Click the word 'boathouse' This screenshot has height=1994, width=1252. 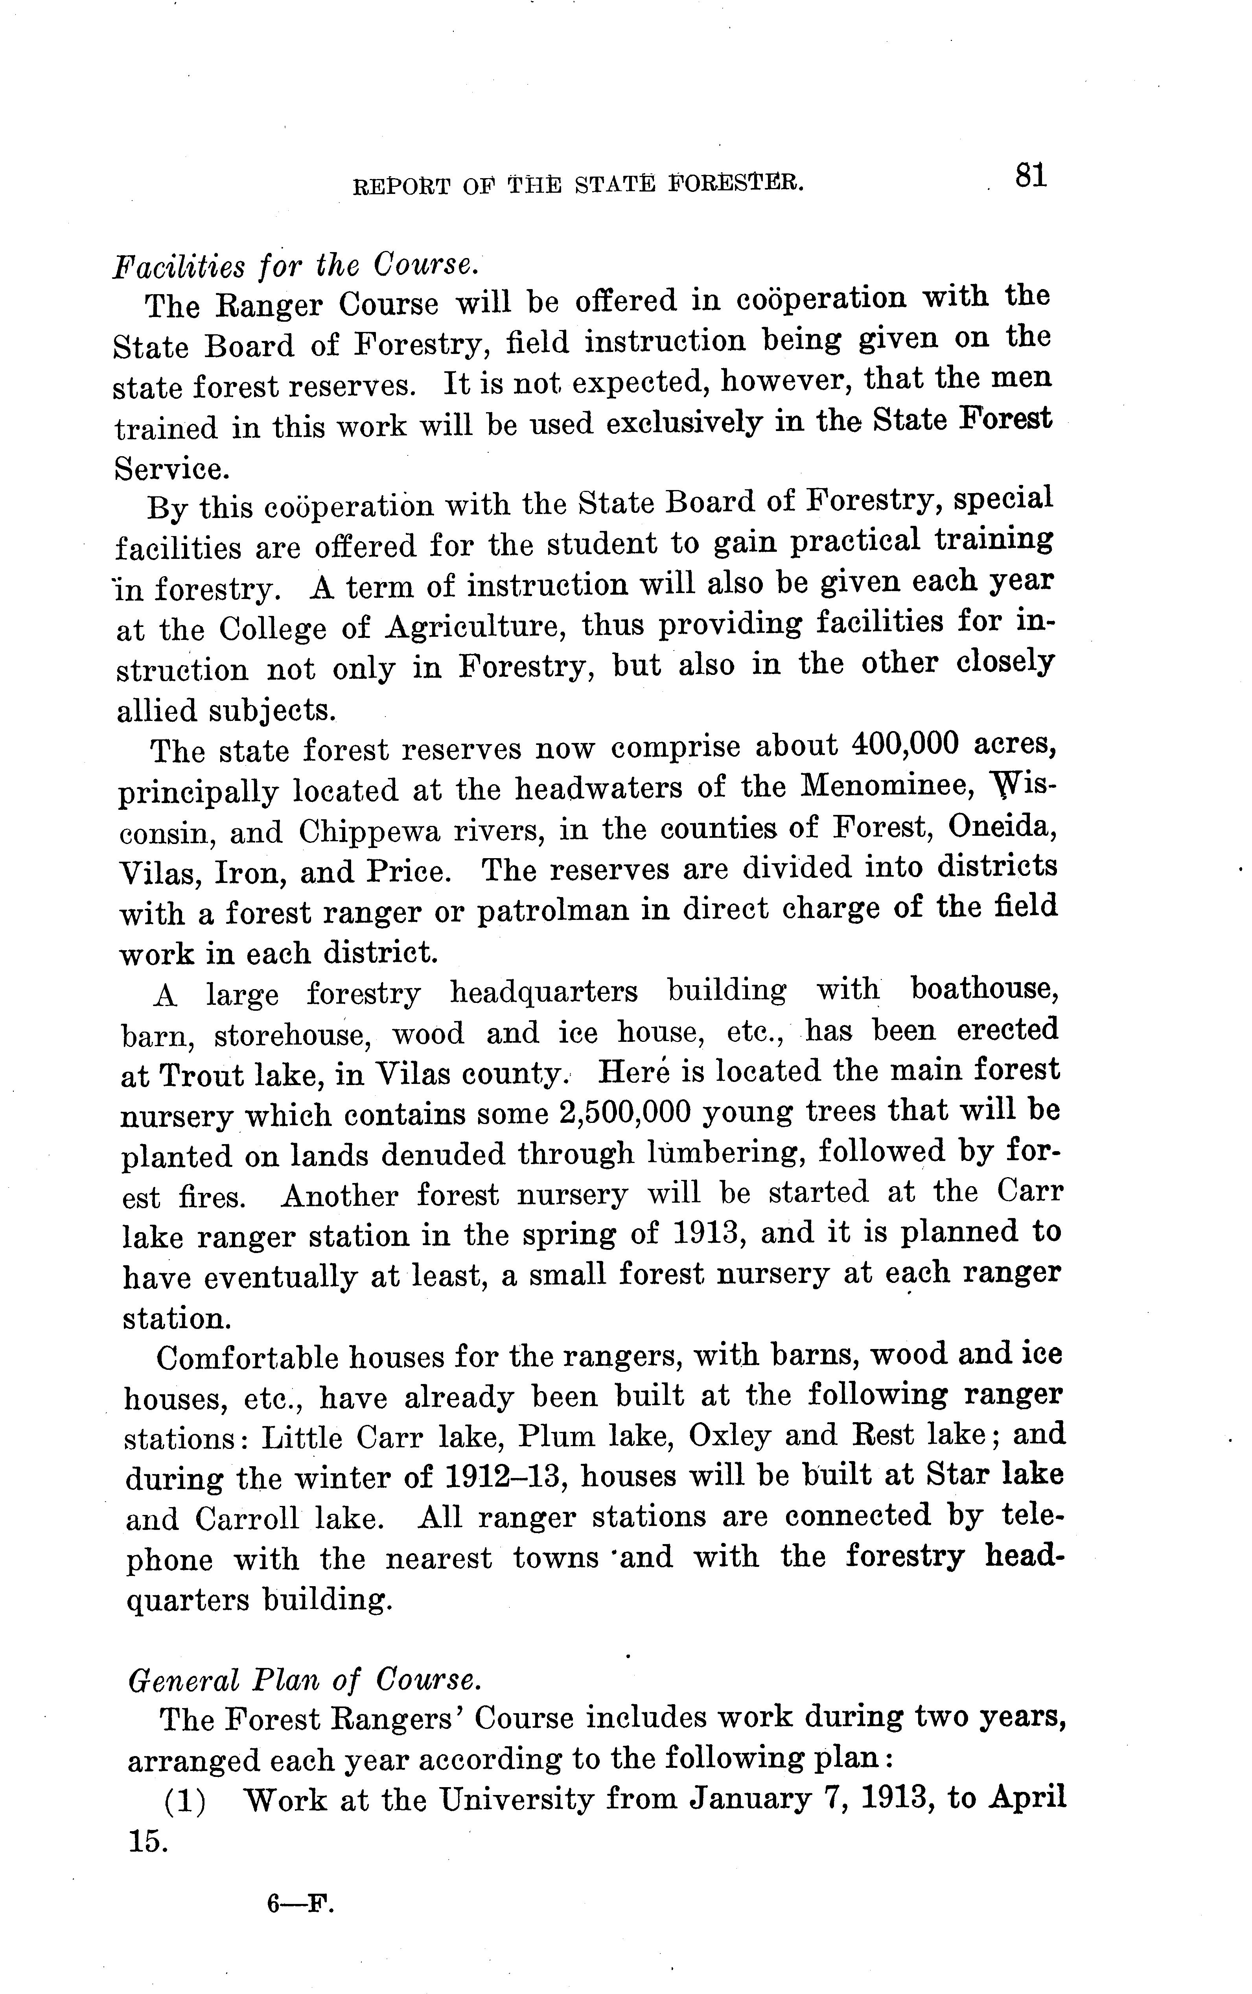[985, 990]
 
